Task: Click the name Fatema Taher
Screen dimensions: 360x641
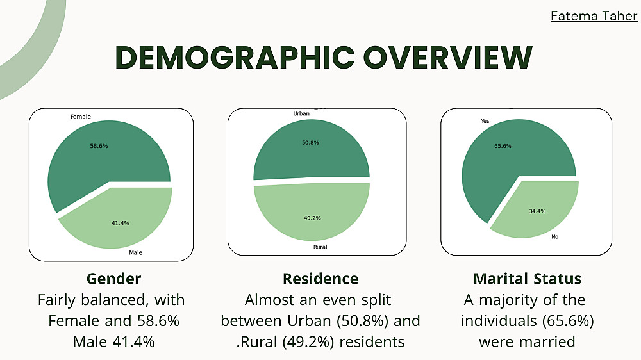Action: click(x=594, y=15)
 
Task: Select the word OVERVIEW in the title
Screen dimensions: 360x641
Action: click(x=445, y=58)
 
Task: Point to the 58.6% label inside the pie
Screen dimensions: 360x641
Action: click(x=99, y=146)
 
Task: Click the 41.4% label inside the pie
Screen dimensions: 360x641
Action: click(x=121, y=223)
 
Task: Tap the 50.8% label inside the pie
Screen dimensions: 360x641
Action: click(x=310, y=142)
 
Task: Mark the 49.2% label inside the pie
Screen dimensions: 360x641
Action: click(x=312, y=218)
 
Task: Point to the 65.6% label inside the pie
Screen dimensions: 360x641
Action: click(x=503, y=146)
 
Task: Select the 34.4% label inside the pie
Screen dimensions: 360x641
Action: click(x=537, y=211)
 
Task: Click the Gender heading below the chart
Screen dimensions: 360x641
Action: click(x=113, y=279)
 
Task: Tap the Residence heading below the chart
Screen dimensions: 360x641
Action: click(x=320, y=279)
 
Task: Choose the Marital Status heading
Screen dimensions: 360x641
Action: click(x=527, y=279)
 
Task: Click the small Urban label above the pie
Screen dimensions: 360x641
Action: click(x=301, y=113)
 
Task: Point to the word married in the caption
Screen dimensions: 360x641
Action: click(x=543, y=341)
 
